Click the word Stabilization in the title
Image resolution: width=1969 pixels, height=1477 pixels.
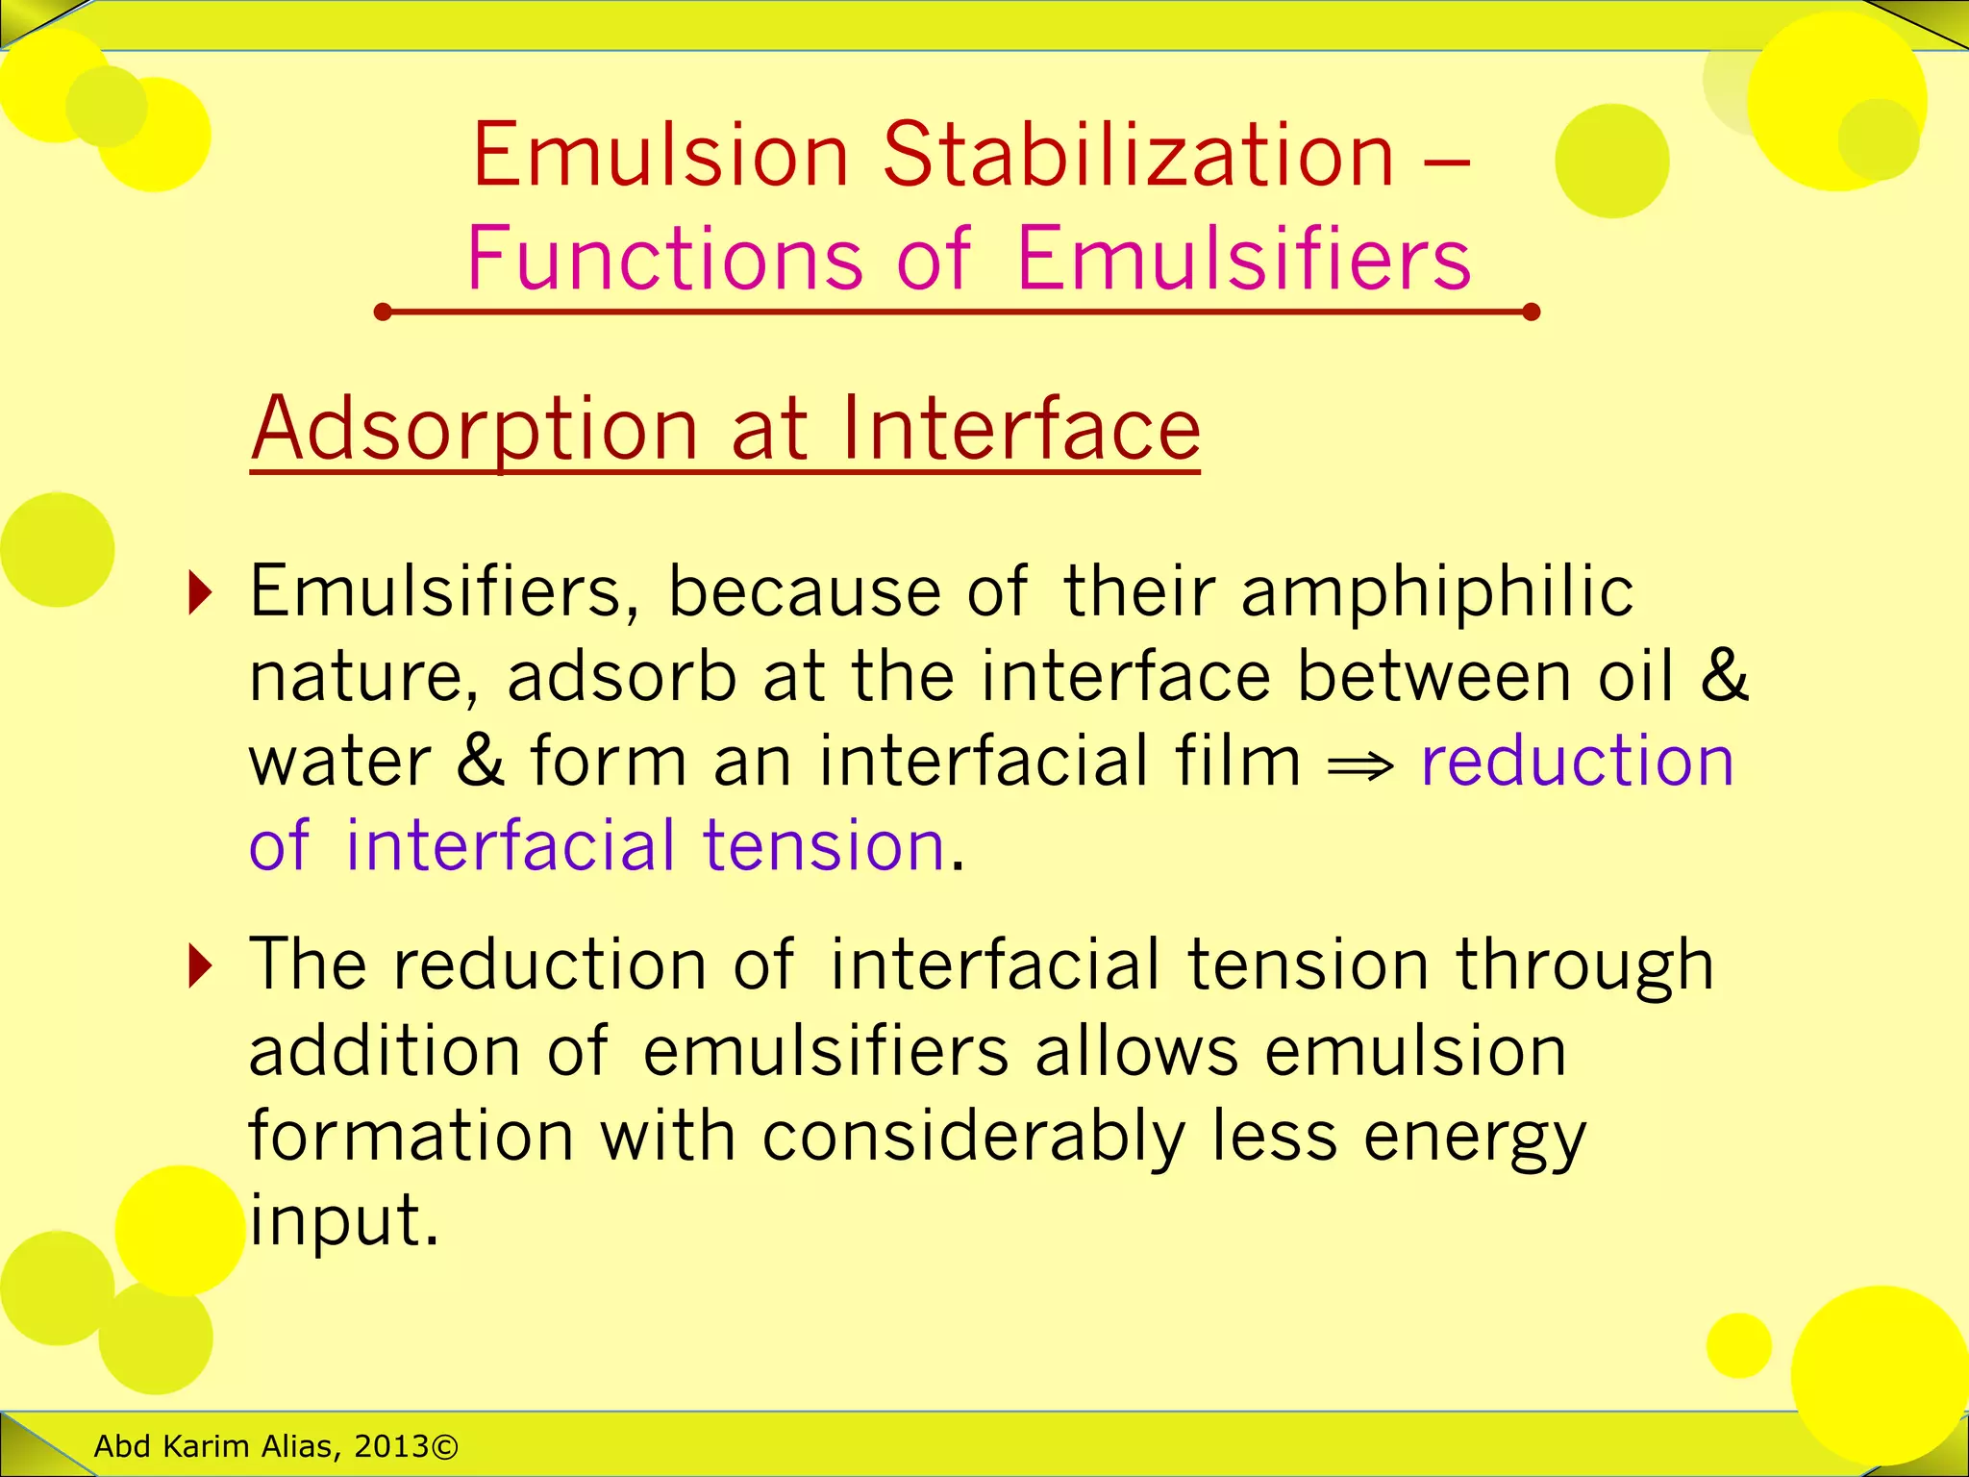[1138, 155]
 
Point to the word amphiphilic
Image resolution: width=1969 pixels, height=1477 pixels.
[1436, 590]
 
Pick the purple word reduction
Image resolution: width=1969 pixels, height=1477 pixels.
[1577, 761]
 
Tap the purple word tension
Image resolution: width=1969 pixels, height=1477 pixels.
[823, 845]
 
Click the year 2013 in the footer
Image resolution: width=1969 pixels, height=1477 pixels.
[391, 1446]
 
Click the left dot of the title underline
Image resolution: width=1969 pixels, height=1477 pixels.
[383, 312]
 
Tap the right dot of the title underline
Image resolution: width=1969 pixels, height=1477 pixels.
[1532, 312]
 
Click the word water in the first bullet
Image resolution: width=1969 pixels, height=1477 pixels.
[340, 761]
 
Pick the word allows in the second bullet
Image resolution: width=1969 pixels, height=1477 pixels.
[1136, 1051]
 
